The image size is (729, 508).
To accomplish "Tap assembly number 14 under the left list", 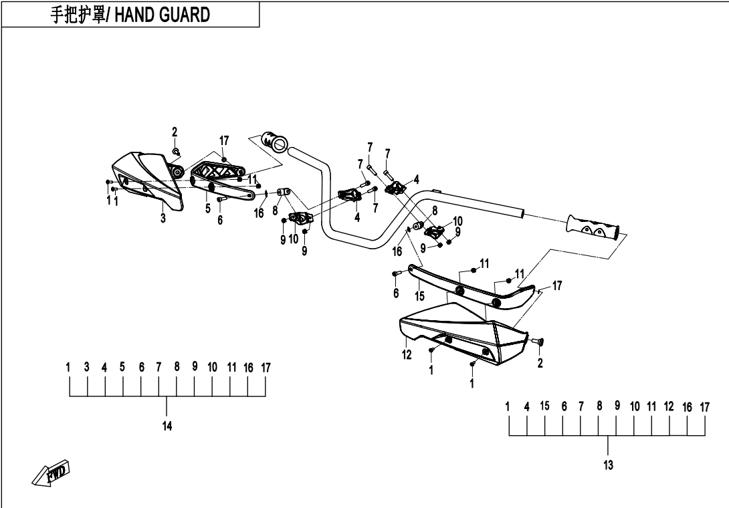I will tap(167, 426).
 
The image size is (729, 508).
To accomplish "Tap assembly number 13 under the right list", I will tap(608, 465).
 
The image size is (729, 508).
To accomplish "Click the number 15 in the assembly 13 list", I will tap(544, 406).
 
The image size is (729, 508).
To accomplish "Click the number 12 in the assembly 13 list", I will tap(669, 406).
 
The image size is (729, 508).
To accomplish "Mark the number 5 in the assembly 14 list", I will tap(122, 367).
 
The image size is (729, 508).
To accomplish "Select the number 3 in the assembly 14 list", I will tap(87, 367).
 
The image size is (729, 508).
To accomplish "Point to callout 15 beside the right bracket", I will tap(419, 295).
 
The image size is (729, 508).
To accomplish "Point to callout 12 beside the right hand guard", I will tap(407, 355).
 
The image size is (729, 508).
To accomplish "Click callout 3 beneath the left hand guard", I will tap(163, 218).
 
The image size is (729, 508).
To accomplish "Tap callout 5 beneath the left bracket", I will tap(208, 209).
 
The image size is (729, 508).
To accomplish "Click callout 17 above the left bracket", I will tap(224, 141).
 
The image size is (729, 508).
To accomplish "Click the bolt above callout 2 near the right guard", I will tap(540, 342).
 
